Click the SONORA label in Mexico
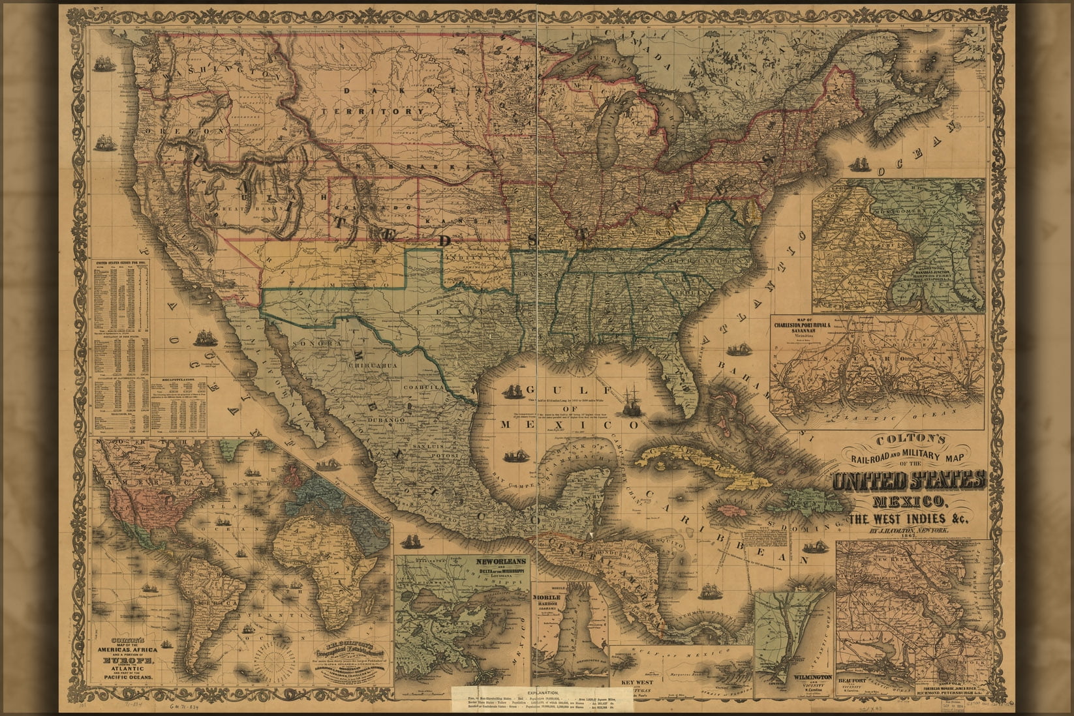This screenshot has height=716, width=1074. click(x=309, y=343)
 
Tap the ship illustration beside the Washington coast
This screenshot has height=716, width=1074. click(x=101, y=63)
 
